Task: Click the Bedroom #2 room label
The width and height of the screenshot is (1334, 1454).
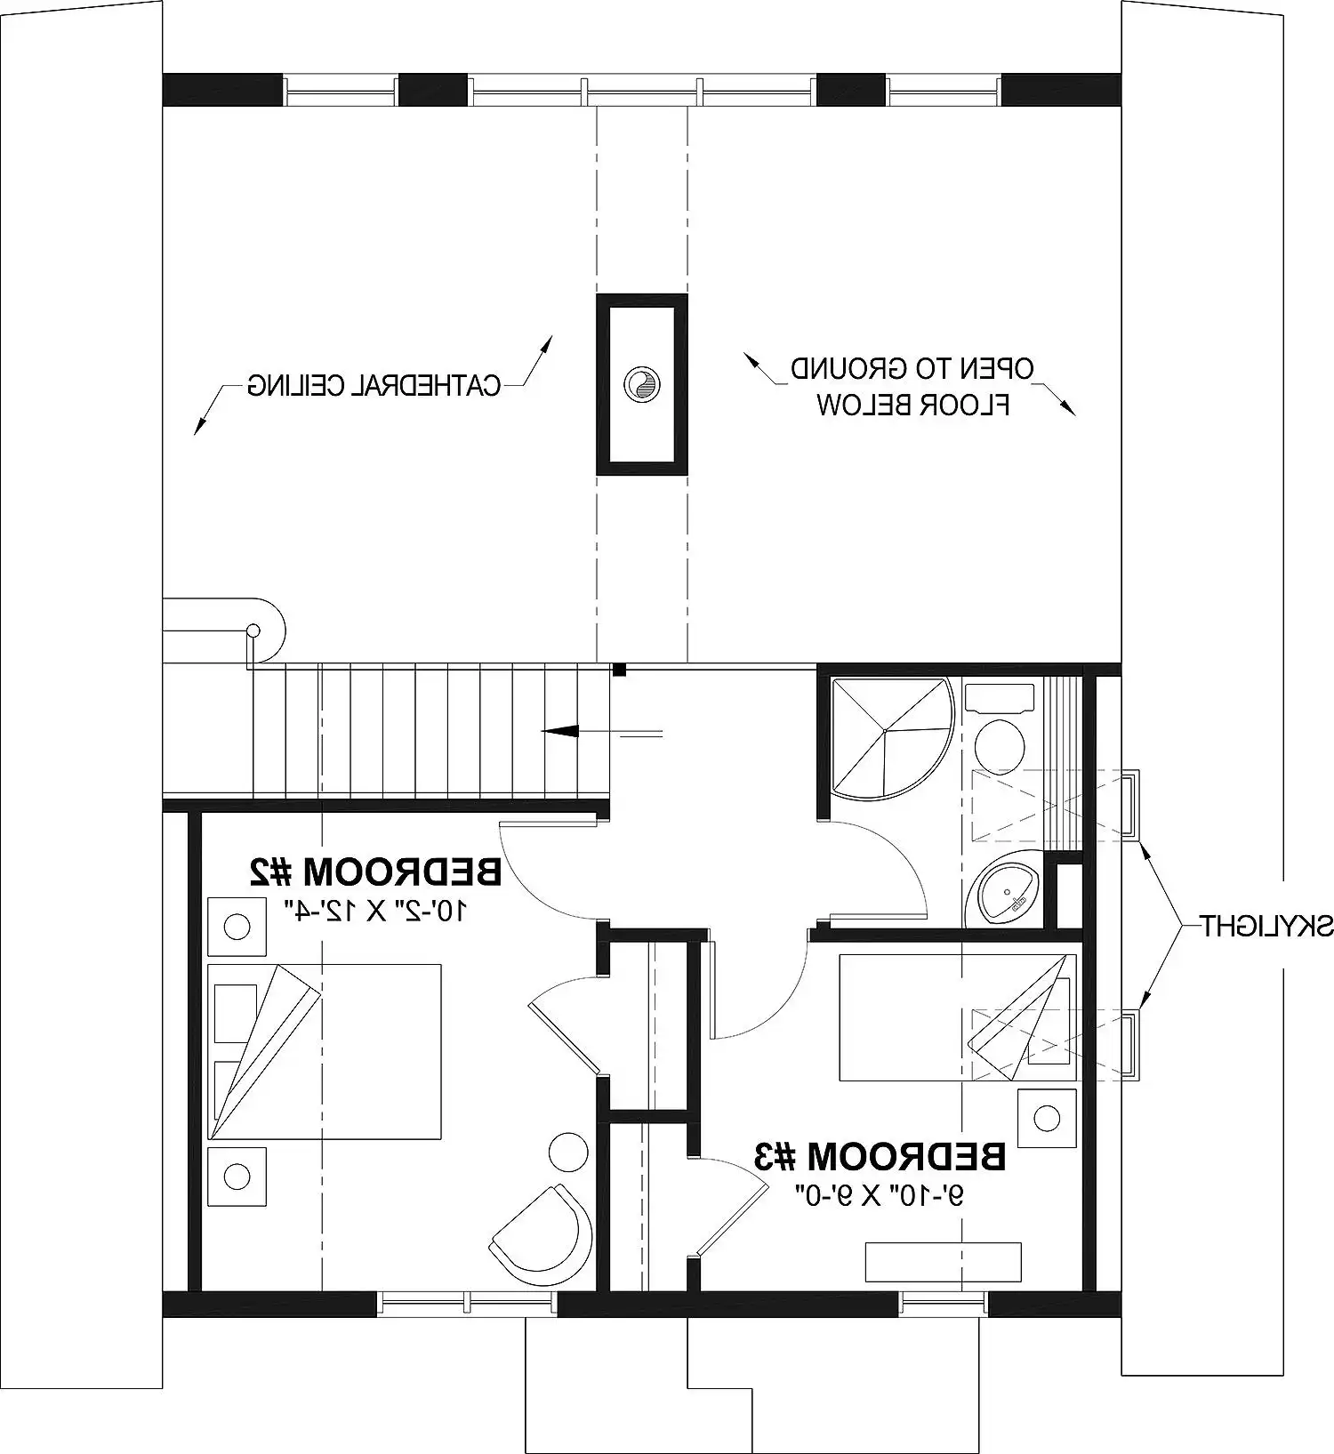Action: (375, 872)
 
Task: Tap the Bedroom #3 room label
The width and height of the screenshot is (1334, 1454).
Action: (880, 1156)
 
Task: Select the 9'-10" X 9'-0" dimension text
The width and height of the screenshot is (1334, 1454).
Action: (880, 1196)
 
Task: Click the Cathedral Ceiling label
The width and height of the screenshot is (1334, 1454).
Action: (374, 385)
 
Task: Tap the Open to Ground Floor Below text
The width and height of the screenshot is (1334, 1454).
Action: (913, 387)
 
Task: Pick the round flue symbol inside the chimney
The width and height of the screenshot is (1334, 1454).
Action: (641, 383)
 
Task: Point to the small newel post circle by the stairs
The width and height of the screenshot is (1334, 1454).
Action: (253, 631)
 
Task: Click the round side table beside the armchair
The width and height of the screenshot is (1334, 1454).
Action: (569, 1153)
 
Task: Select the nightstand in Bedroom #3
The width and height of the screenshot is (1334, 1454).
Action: (1047, 1117)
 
